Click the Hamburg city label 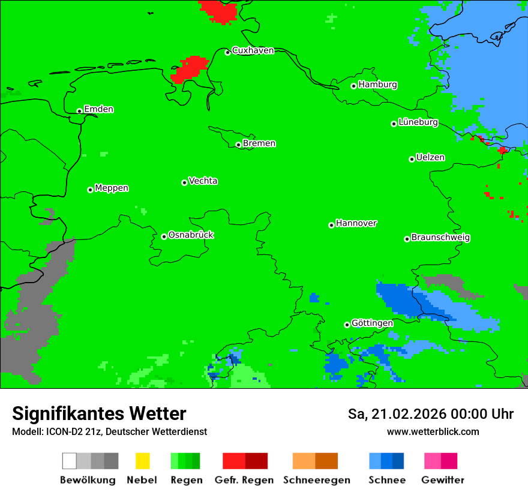pyautogui.click(x=377, y=85)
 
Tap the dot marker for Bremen pyautogui.click(x=238, y=145)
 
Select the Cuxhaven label pyautogui.click(x=253, y=50)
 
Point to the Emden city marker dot pyautogui.click(x=79, y=111)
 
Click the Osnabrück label pyautogui.click(x=191, y=235)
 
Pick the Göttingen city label pyautogui.click(x=372, y=323)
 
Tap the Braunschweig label pyautogui.click(x=440, y=237)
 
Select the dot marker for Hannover pyautogui.click(x=331, y=225)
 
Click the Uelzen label pyautogui.click(x=430, y=157)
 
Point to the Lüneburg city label pyautogui.click(x=418, y=122)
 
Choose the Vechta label pyautogui.click(x=203, y=181)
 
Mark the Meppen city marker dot pyautogui.click(x=90, y=190)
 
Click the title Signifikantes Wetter pyautogui.click(x=99, y=413)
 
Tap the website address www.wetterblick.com pyautogui.click(x=433, y=431)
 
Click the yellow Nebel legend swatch pyautogui.click(x=142, y=461)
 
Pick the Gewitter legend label pyautogui.click(x=442, y=480)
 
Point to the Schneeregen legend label pyautogui.click(x=316, y=480)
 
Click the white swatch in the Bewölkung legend pyautogui.click(x=70, y=461)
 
